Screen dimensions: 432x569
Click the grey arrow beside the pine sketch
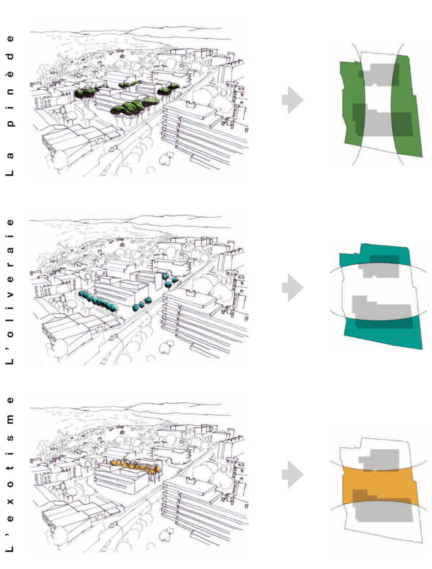292,100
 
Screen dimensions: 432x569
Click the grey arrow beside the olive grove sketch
292,288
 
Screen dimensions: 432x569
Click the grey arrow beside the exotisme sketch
292,474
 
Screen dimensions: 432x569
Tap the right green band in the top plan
406,106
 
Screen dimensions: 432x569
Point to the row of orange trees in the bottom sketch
135,466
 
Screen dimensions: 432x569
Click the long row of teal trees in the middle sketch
98,301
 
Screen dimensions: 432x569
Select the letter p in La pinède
10,123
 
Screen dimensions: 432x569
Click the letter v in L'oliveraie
10,295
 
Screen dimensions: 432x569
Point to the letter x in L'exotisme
10,501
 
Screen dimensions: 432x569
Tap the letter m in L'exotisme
10,419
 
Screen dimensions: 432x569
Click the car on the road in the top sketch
113,148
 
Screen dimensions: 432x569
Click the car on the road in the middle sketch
113,337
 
